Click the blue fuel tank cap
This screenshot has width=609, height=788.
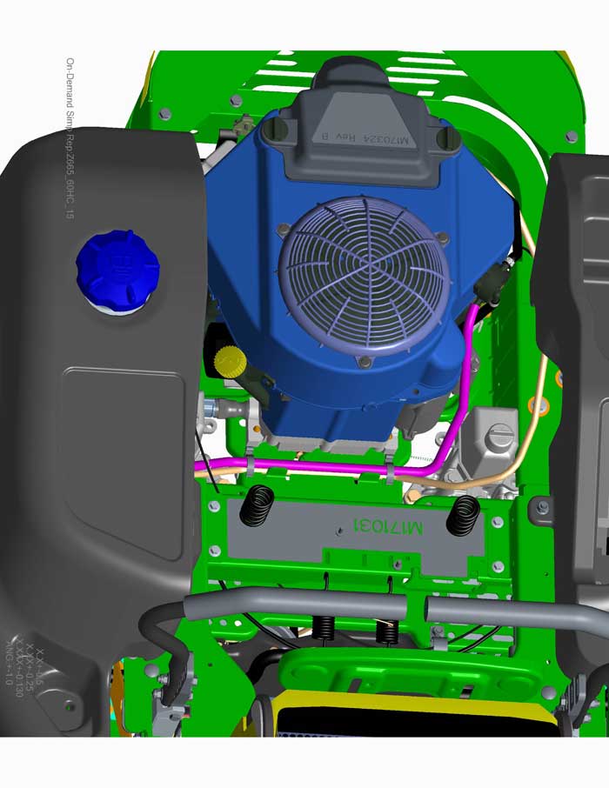[x=117, y=267]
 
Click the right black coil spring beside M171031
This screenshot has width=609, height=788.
[x=462, y=514]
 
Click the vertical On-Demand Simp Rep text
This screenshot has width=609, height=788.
[x=70, y=139]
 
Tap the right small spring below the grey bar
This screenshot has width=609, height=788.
[x=386, y=631]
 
